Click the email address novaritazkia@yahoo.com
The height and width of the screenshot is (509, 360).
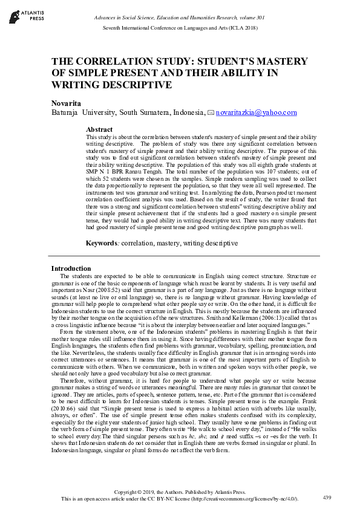(x=248, y=112)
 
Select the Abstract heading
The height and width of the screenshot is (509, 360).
(x=99, y=129)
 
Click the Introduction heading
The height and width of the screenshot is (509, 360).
(x=71, y=268)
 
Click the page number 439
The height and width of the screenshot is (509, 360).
(x=327, y=497)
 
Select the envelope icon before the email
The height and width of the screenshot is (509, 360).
(x=211, y=113)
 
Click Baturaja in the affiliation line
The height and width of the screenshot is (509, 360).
(x=65, y=112)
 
